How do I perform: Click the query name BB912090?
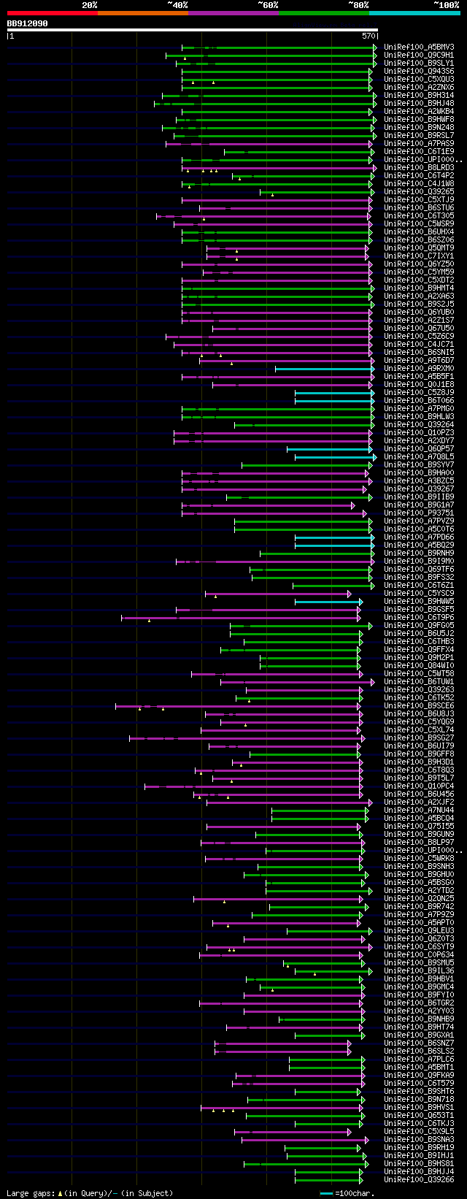pyautogui.click(x=28, y=23)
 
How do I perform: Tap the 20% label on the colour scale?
pyautogui.click(x=90, y=5)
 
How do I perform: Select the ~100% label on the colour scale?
pyautogui.click(x=446, y=5)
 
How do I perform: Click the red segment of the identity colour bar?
pyautogui.click(x=52, y=13)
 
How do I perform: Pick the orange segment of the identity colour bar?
pyautogui.click(x=142, y=13)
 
